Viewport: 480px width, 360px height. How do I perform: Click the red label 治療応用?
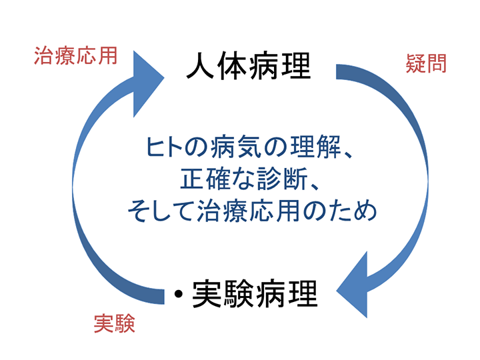coord(75,56)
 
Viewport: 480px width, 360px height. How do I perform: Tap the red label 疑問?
coord(426,63)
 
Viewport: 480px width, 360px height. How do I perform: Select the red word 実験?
coord(115,323)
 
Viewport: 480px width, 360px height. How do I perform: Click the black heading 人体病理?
coord(249,66)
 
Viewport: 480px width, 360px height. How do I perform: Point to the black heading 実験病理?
coord(255,294)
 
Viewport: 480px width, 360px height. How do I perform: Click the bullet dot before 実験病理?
coord(179,294)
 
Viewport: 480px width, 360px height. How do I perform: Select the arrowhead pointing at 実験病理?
coord(352,285)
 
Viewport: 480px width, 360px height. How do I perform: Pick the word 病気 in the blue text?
coord(236,147)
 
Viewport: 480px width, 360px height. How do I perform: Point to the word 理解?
coord(315,147)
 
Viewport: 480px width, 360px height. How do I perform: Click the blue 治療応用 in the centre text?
coord(248,211)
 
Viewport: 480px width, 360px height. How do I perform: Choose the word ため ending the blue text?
coord(351,211)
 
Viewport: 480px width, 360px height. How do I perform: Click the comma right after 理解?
coord(348,155)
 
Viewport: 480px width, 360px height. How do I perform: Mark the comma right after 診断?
coord(315,187)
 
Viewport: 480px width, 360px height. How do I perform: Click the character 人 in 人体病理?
coord(201,66)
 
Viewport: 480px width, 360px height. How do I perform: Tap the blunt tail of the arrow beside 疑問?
coord(337,72)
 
